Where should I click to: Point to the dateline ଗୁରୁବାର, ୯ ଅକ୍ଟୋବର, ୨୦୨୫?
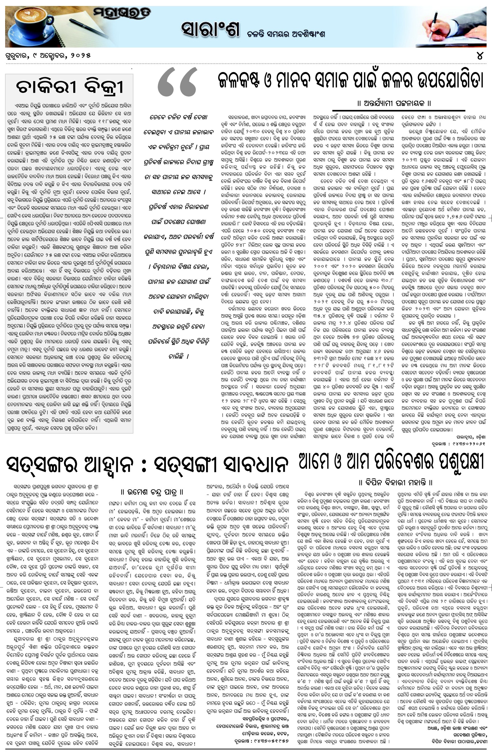(48, 56)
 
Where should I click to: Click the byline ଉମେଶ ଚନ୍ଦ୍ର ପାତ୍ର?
(153, 492)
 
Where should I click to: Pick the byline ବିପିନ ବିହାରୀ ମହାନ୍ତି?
(395, 483)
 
